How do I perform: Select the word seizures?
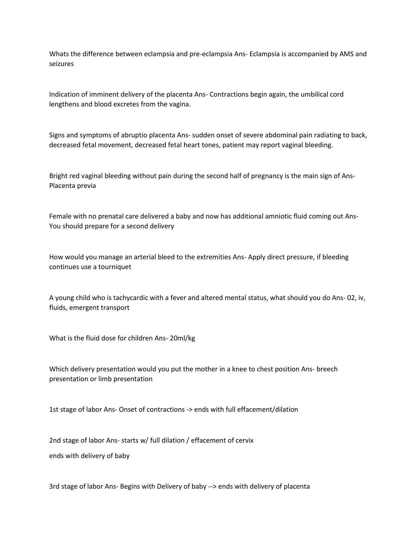[x=61, y=64]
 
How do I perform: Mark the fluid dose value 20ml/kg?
[x=182, y=338]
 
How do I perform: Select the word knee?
[x=240, y=369]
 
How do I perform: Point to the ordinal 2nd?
[x=55, y=440]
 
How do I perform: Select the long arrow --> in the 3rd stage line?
[x=212, y=487]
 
